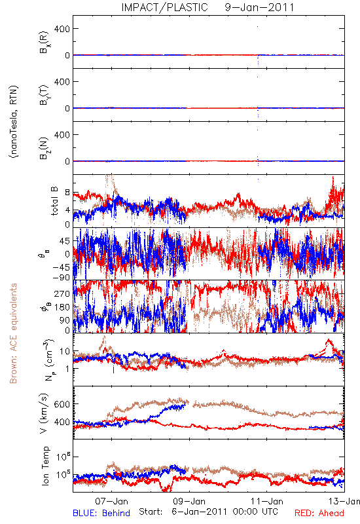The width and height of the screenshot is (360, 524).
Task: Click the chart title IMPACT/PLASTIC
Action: (164, 7)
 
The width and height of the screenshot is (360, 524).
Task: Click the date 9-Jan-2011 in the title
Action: (259, 7)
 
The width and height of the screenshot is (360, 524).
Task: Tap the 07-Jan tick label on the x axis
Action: (111, 501)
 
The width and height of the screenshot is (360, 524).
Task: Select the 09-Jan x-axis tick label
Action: (189, 501)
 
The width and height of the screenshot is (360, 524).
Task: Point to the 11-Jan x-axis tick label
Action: (267, 501)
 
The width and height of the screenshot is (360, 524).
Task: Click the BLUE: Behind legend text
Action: (101, 513)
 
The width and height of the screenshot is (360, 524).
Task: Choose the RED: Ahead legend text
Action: (319, 513)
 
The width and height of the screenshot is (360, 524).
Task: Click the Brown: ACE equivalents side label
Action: (13, 333)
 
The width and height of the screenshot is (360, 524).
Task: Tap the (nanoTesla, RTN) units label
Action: (14, 122)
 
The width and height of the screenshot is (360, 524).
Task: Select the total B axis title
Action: (54, 201)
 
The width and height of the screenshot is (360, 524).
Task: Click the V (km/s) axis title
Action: (45, 413)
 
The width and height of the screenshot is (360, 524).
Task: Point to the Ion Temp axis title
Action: (45, 466)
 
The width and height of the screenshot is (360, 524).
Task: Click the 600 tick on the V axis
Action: (62, 404)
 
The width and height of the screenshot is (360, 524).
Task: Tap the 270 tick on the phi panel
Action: (62, 293)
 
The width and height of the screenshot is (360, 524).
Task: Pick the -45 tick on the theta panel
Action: (60, 267)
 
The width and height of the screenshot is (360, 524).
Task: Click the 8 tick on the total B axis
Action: (67, 193)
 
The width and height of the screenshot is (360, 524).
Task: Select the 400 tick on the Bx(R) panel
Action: (62, 29)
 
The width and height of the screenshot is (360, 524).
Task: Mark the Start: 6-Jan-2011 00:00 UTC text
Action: (208, 512)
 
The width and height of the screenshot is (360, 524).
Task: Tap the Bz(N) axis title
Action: (45, 147)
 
